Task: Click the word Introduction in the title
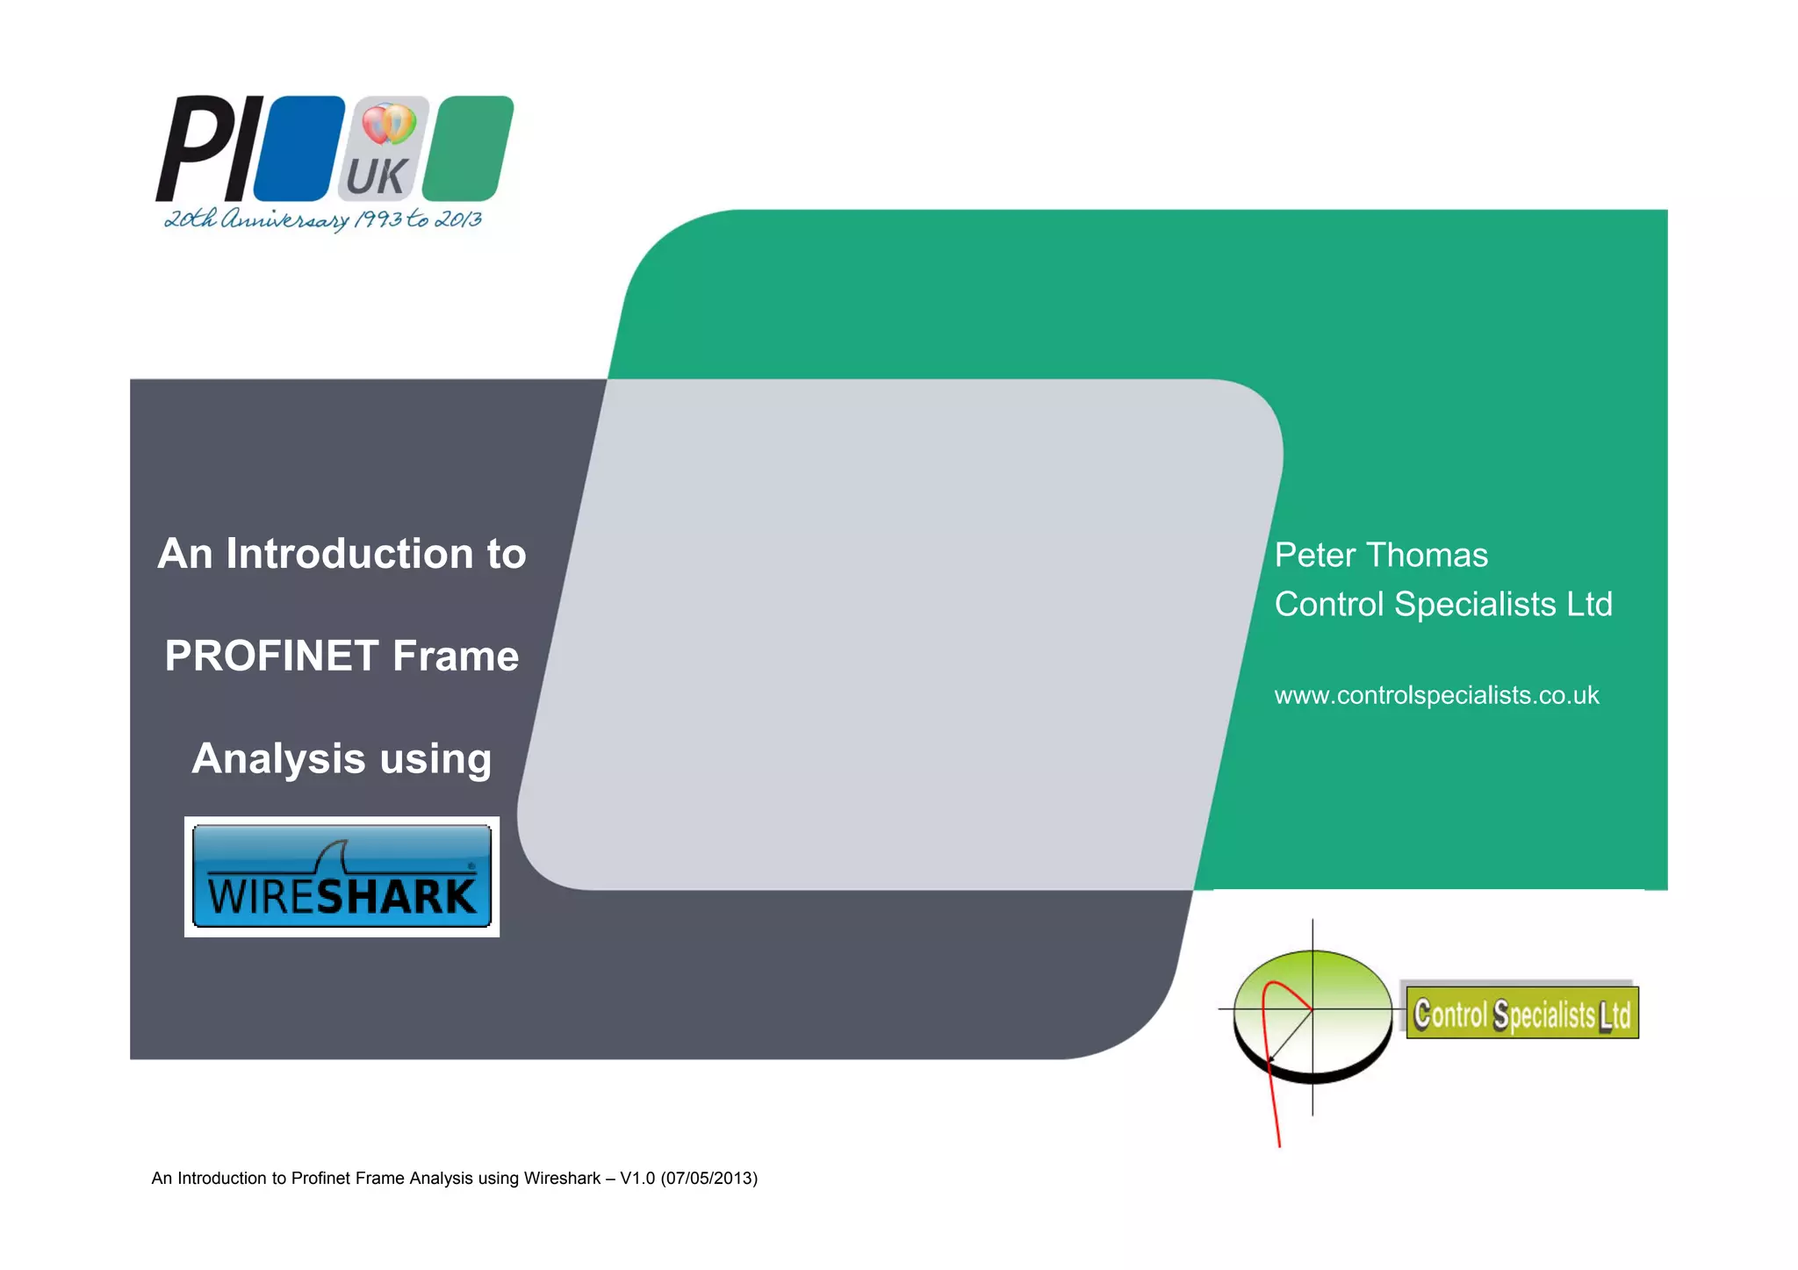coord(349,554)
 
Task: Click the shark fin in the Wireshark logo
coord(334,856)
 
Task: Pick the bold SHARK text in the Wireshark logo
coord(395,897)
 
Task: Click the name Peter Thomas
coord(1380,555)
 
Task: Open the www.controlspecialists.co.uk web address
coord(1436,695)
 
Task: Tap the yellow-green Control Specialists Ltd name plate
coord(1521,1014)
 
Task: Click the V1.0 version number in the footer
coord(637,1178)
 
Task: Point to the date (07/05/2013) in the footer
coord(709,1178)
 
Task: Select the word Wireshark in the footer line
coord(562,1178)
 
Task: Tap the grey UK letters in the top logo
coord(377,176)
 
